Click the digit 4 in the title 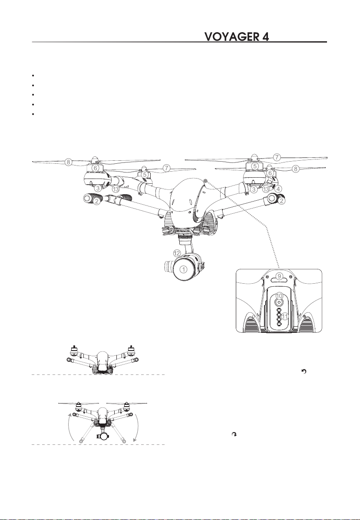265,36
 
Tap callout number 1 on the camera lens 184,269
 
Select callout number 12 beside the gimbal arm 177,253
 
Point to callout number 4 278,189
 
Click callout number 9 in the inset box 279,276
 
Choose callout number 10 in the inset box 280,295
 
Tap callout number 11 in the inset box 285,316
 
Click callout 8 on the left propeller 68,162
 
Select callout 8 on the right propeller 296,169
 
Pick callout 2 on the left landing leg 96,201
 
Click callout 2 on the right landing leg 281,200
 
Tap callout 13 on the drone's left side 116,189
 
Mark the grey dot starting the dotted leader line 205,181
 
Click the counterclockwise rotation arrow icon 304,371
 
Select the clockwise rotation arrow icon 234,434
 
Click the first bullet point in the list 33,76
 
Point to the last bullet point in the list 33,114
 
